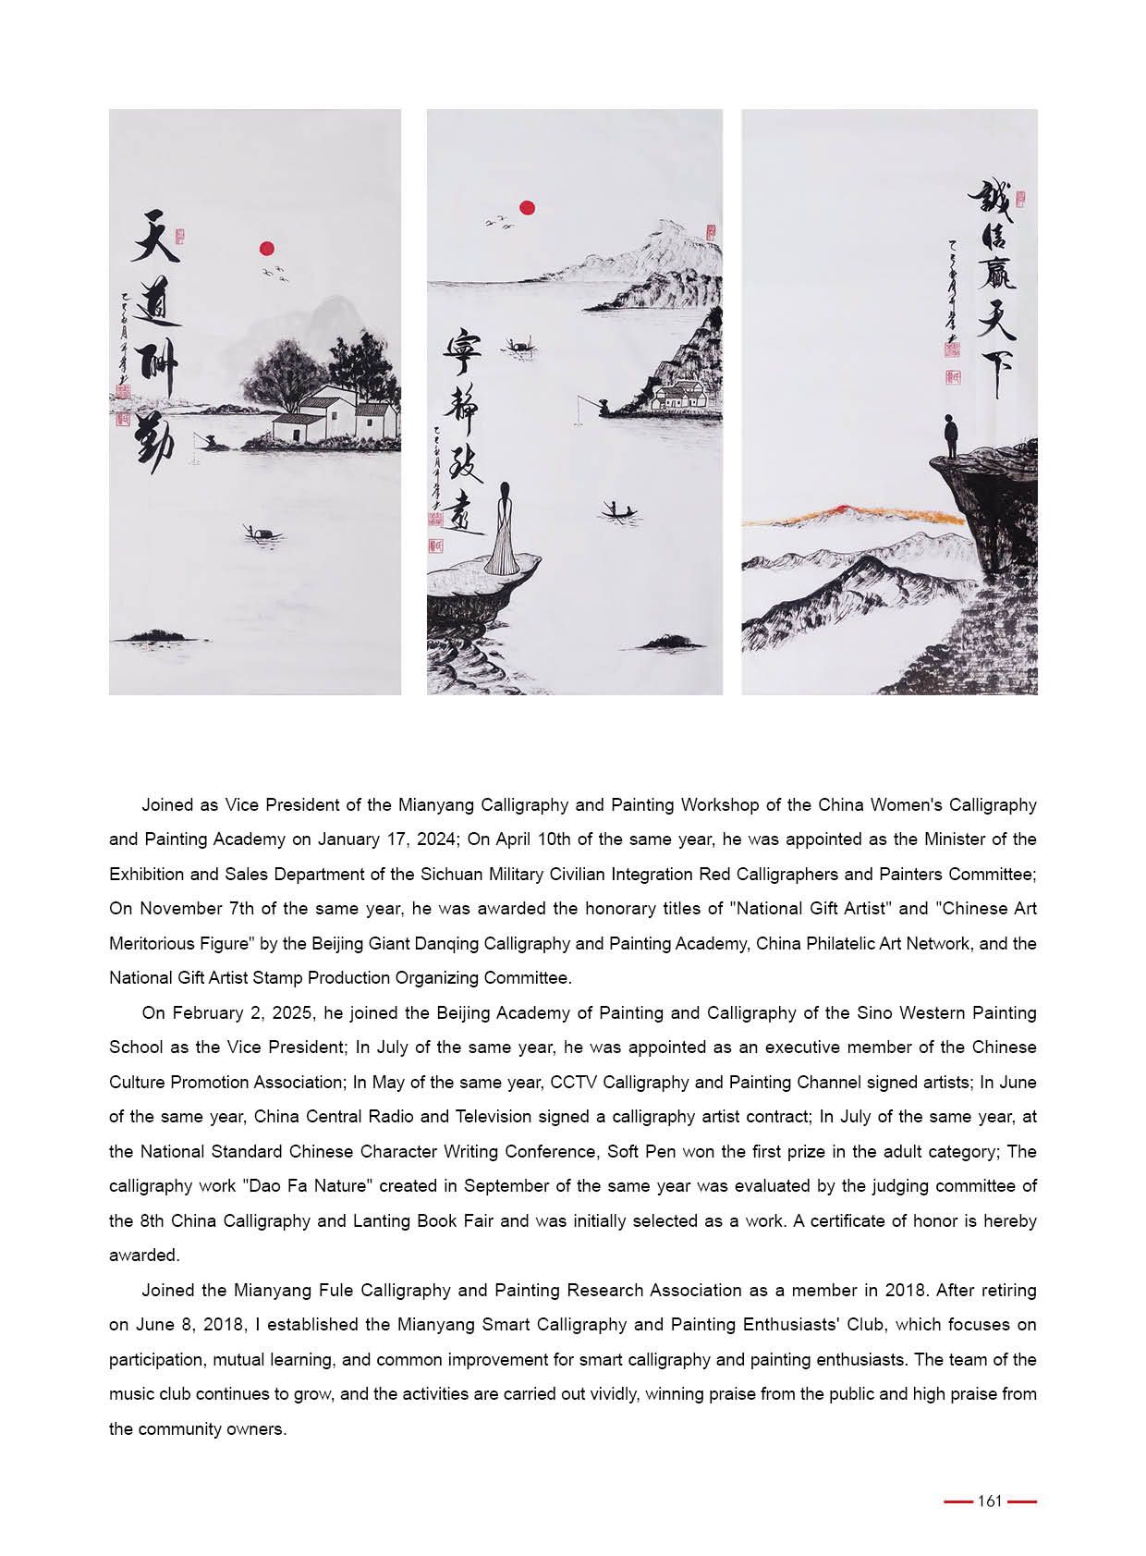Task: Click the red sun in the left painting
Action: tap(267, 248)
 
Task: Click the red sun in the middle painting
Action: tap(528, 208)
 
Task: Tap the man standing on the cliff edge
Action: tap(949, 435)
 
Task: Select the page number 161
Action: tap(990, 1501)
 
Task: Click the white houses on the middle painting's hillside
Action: tap(679, 396)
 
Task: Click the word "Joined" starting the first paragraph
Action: tap(167, 805)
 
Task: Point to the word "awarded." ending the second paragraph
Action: tap(144, 1256)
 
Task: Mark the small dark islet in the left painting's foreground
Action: tap(156, 636)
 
